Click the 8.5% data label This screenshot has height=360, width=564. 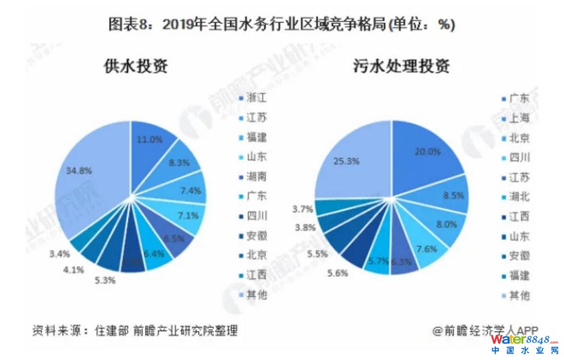point(453,195)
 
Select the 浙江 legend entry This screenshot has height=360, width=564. point(257,98)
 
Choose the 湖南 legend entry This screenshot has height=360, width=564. point(257,177)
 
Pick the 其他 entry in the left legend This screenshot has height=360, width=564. point(257,294)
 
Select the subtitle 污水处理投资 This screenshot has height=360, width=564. point(401,67)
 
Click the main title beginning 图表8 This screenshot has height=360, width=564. point(281,24)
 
